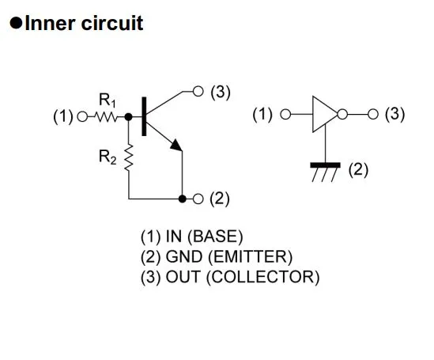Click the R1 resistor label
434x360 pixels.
[x=108, y=100]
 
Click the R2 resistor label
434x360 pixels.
[x=108, y=157]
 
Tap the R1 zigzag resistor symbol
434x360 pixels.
[x=107, y=117]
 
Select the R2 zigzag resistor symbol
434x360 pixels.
[x=128, y=157]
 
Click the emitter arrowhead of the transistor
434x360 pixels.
[x=176, y=145]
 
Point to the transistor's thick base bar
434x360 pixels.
[x=144, y=116]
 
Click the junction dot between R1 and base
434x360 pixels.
[x=128, y=117]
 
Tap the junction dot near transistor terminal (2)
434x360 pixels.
[x=182, y=199]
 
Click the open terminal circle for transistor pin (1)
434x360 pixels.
[x=82, y=116]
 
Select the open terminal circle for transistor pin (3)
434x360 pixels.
[x=198, y=91]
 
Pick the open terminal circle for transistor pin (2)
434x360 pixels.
[x=198, y=199]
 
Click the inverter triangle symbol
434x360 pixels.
[x=324, y=114]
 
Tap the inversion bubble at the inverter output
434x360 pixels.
[x=342, y=114]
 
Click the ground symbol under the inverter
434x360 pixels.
[x=325, y=172]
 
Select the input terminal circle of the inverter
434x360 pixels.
[x=285, y=114]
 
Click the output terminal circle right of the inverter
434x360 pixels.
[x=373, y=114]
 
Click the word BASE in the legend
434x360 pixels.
[x=215, y=237]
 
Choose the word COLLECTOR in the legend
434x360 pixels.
[x=263, y=277]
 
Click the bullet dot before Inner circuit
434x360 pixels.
[x=16, y=23]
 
